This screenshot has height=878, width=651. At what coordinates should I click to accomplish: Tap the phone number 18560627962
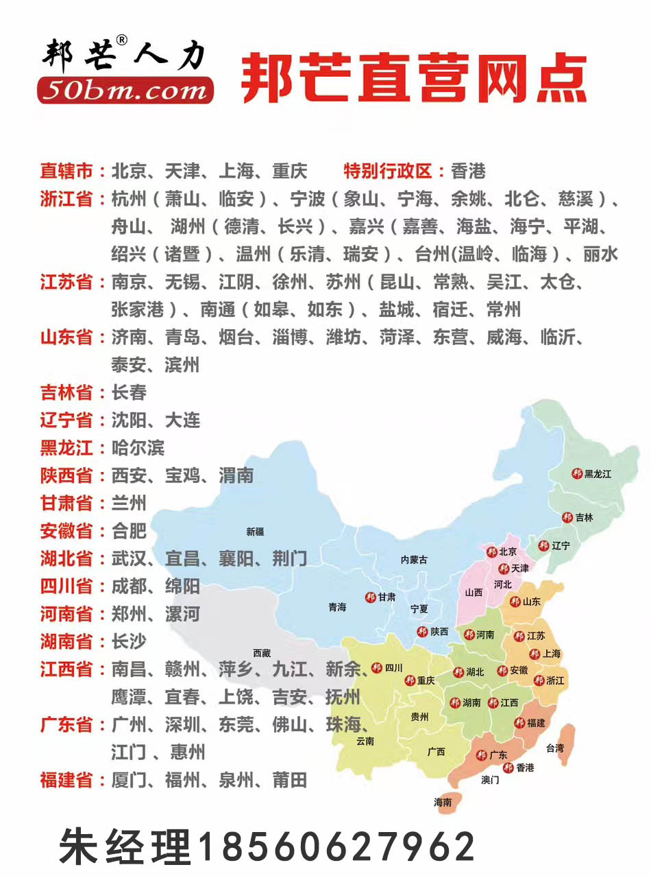[336, 846]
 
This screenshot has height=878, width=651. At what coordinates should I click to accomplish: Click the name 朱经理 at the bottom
[125, 846]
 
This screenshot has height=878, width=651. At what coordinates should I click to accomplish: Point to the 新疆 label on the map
[255, 532]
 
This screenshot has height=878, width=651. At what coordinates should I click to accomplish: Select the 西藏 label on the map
[262, 653]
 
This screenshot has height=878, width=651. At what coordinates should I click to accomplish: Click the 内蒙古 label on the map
[414, 560]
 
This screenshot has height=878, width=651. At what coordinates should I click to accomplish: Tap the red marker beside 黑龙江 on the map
[577, 473]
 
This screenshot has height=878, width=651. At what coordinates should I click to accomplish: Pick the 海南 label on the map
[443, 802]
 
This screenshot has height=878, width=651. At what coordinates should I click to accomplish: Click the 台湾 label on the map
[555, 748]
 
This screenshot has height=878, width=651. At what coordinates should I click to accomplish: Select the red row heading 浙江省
[66, 199]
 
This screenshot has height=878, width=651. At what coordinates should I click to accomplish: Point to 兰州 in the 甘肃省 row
[129, 503]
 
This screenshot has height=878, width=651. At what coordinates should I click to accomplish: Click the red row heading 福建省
[66, 780]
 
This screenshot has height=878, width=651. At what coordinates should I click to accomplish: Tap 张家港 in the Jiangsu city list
[138, 309]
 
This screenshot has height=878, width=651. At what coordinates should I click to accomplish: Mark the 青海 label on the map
[337, 607]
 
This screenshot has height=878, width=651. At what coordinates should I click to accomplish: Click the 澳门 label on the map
[490, 780]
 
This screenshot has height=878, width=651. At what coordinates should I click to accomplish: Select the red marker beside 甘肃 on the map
[371, 597]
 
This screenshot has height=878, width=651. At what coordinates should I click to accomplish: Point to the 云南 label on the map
[365, 741]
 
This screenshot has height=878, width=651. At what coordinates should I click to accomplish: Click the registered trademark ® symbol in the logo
[122, 40]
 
